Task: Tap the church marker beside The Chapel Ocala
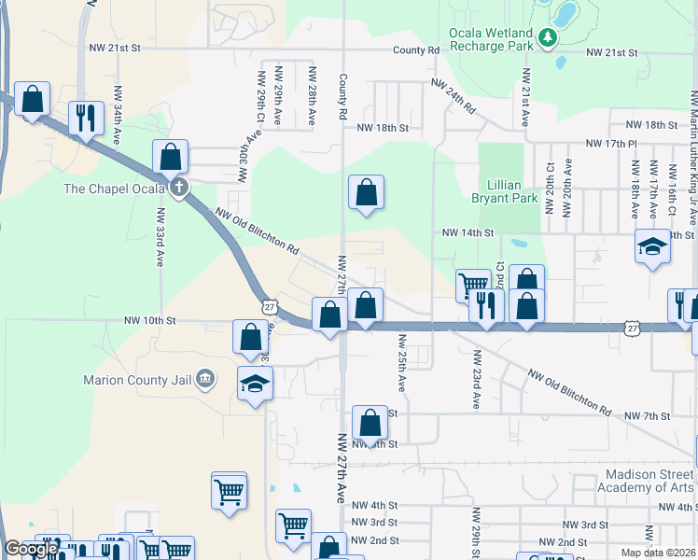point(179,188)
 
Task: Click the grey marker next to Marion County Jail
point(205,379)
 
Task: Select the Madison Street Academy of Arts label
point(637,481)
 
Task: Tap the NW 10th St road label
point(150,320)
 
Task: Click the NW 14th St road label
point(466,232)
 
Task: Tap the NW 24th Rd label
point(454,96)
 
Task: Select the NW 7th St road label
point(647,414)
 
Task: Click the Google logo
point(31,549)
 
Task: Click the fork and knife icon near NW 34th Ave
point(86,118)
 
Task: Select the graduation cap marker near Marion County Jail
point(255,385)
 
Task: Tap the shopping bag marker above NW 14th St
point(367,193)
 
